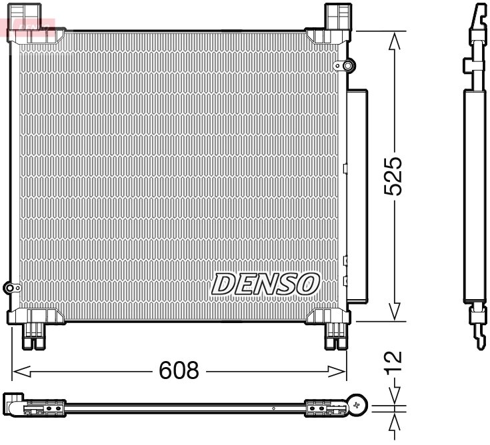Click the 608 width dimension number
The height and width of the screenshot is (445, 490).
(x=179, y=370)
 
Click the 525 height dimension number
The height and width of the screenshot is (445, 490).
(x=395, y=177)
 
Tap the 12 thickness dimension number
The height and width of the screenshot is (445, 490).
(x=395, y=360)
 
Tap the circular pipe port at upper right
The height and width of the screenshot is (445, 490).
(x=347, y=65)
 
